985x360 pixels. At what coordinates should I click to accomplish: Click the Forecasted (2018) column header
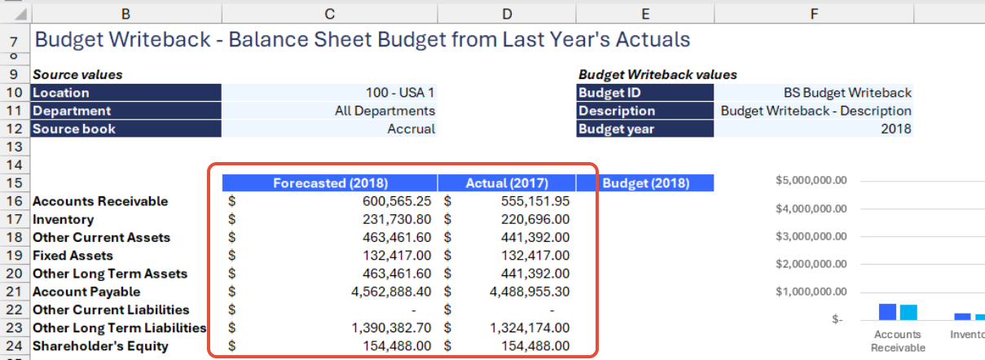point(330,183)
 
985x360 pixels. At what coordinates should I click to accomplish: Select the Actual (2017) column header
point(506,183)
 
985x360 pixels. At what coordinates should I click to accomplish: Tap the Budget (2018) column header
point(645,183)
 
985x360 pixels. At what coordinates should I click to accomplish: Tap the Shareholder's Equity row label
point(100,346)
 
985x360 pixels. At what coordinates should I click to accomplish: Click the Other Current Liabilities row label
point(111,310)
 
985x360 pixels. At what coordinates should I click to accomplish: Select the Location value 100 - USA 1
point(400,93)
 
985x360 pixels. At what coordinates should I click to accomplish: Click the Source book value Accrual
point(411,129)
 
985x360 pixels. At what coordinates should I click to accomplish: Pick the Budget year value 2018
point(895,129)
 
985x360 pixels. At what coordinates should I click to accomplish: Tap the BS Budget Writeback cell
point(847,93)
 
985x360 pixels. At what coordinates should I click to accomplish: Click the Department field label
point(72,111)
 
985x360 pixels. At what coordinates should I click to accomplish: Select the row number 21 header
point(14,292)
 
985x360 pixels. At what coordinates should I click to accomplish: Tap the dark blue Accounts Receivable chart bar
point(886,312)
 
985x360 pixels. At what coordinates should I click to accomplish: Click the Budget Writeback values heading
point(657,75)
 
